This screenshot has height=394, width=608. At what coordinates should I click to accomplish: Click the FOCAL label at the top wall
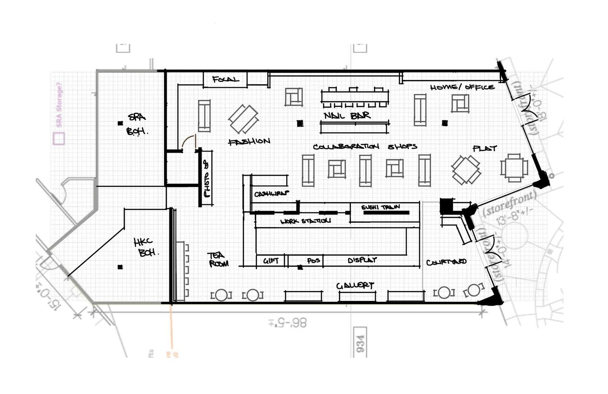pos(225,80)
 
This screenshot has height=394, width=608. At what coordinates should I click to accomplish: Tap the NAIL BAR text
pos(347,116)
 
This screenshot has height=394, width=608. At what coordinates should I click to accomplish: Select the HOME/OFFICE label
pos(462,87)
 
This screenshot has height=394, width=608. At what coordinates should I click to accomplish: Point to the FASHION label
pos(249,141)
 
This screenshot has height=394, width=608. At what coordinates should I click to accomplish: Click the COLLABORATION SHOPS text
pos(365,147)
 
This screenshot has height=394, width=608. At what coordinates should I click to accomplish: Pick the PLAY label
pos(484,148)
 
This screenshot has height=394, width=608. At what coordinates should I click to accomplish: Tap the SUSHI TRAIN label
pos(380,207)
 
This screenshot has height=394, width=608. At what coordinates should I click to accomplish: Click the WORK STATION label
pos(305,221)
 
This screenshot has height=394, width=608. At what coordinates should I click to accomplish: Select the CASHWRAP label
pos(271,194)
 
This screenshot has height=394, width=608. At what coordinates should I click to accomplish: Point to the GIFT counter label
pos(271,260)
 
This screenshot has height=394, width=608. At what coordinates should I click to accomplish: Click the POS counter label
pos(313,260)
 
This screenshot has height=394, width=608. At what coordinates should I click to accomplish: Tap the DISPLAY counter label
pos(362,260)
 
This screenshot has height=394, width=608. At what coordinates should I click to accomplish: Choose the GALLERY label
pos(355,285)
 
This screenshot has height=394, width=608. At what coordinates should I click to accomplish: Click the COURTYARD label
pos(446,262)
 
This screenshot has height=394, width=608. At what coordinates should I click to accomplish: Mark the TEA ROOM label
pos(218,260)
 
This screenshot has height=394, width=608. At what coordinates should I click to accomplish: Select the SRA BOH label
pos(137,124)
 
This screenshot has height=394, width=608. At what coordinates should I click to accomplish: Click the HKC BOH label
pos(145,247)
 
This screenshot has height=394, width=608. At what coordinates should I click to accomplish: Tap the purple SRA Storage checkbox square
pos(59,139)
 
